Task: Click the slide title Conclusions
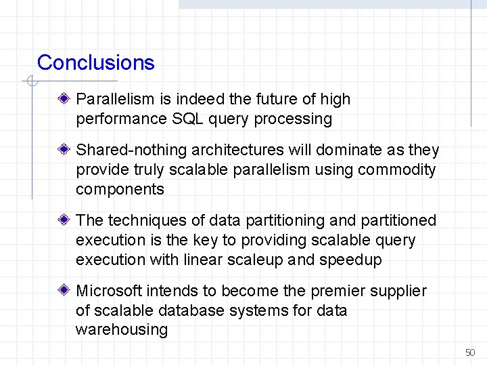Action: (95, 63)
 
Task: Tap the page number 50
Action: (470, 352)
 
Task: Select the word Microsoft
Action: (110, 291)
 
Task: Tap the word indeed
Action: (181, 100)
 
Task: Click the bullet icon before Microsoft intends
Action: (64, 291)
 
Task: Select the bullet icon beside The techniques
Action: (64, 220)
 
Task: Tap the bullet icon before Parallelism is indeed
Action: (64, 99)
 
